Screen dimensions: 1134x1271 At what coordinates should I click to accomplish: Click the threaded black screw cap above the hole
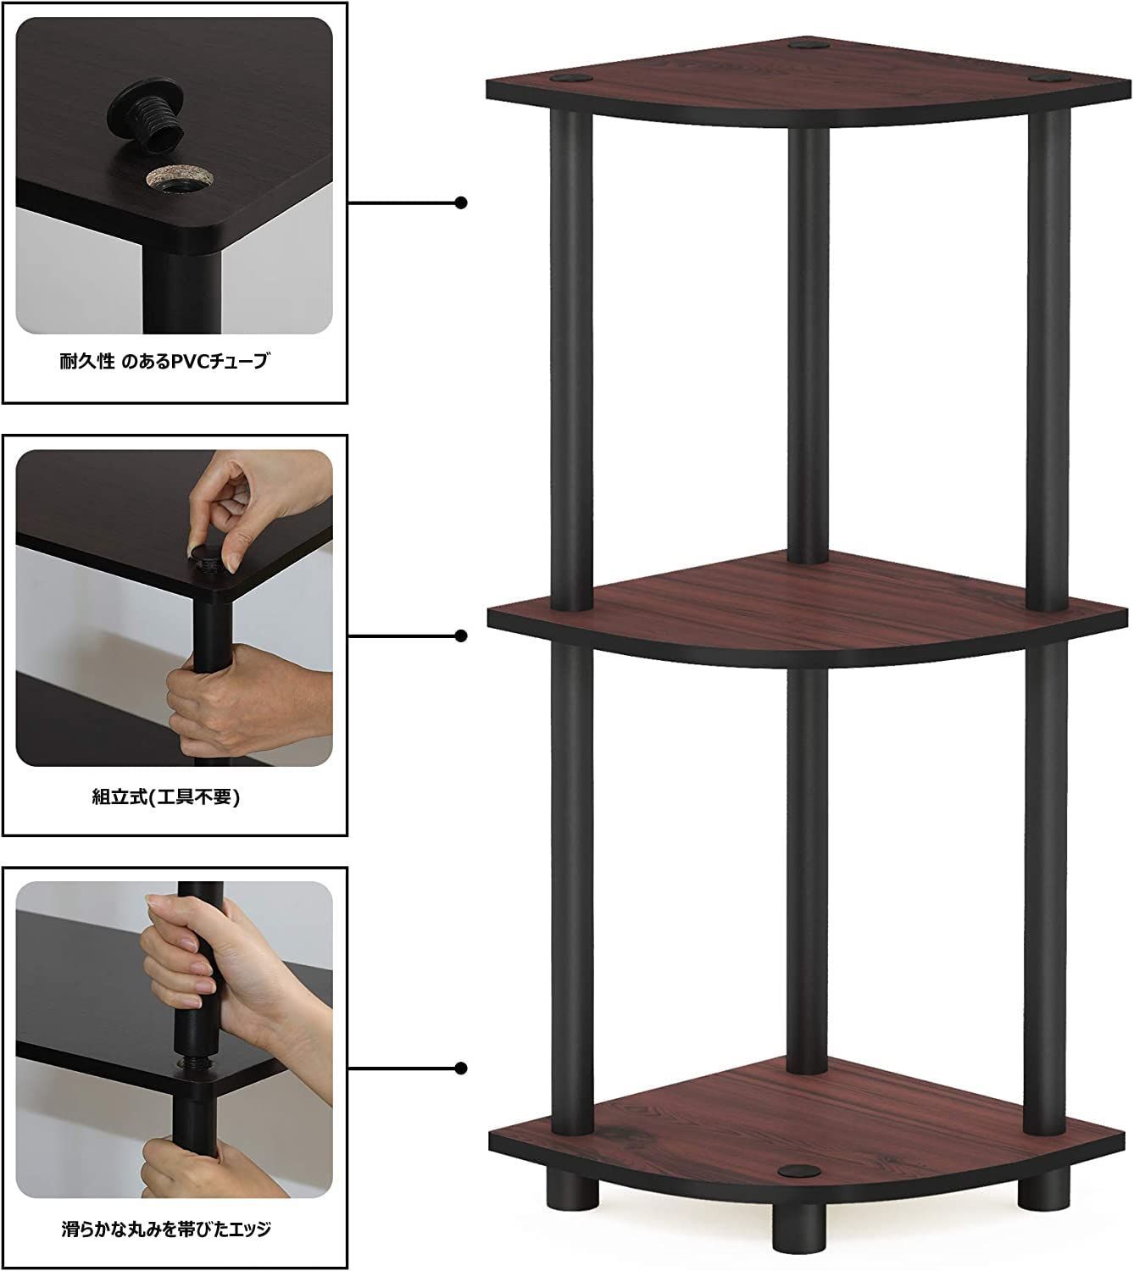(x=147, y=117)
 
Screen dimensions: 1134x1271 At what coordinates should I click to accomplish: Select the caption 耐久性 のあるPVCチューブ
(x=164, y=361)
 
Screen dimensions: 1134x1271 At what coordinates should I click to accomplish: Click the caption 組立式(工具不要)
(x=165, y=796)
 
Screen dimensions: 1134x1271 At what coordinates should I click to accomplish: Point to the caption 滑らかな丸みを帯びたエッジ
(x=166, y=1229)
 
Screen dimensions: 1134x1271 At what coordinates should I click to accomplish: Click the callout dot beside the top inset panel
(x=461, y=203)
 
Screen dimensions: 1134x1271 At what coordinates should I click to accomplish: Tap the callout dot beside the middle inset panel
(x=461, y=636)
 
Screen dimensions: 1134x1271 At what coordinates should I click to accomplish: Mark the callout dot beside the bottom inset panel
(x=461, y=1068)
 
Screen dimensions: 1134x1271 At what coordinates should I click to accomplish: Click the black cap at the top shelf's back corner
(x=808, y=45)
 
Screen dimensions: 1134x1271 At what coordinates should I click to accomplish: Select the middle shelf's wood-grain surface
(x=803, y=603)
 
